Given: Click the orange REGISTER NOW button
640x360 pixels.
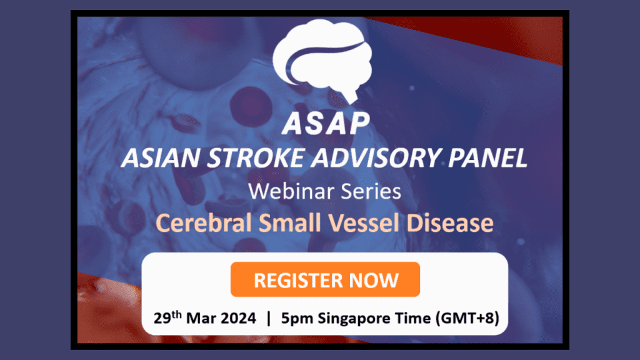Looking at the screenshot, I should pyautogui.click(x=325, y=279).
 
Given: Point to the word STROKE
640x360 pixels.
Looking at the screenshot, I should pyautogui.click(x=246, y=159).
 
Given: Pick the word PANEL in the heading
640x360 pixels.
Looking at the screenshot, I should pyautogui.click(x=486, y=159).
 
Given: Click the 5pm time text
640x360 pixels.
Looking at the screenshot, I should pyautogui.click(x=297, y=318).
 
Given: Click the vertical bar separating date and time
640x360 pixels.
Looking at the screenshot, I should pyautogui.click(x=269, y=318).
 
